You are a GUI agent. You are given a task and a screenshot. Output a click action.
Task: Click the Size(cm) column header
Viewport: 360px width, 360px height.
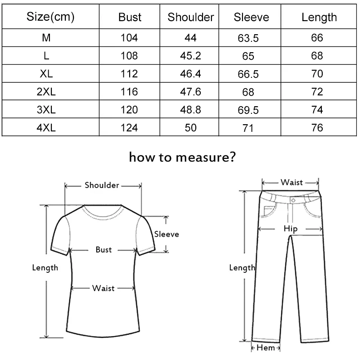pyautogui.click(x=50, y=17)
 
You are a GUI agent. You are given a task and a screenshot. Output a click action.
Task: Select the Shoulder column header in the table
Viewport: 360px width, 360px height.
pyautogui.click(x=190, y=17)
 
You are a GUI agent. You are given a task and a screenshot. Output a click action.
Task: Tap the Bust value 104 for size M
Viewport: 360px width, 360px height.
pyautogui.click(x=130, y=37)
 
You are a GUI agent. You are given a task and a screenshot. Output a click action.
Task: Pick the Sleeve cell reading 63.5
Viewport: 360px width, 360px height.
pyautogui.click(x=248, y=38)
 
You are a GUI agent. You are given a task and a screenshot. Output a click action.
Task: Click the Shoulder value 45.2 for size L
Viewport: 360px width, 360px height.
pyautogui.click(x=190, y=56)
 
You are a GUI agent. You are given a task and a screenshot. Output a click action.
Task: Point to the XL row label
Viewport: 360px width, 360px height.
pyautogui.click(x=46, y=74)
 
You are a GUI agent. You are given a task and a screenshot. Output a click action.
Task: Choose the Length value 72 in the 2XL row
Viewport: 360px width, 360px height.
pyautogui.click(x=317, y=92)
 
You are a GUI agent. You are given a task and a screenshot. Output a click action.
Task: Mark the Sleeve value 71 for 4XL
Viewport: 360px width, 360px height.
pyautogui.click(x=248, y=129)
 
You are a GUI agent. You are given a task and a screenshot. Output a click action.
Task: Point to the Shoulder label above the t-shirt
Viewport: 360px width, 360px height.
pyautogui.click(x=102, y=185)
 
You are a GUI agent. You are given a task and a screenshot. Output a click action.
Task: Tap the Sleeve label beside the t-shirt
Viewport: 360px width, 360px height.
pyautogui.click(x=166, y=234)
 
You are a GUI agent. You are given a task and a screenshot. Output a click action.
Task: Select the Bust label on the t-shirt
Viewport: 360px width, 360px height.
pyautogui.click(x=103, y=249)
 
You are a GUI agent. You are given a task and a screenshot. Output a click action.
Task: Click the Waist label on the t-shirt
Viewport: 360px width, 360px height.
pyautogui.click(x=103, y=288)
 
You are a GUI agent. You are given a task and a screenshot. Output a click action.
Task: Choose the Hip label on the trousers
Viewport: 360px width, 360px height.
pyautogui.click(x=291, y=229)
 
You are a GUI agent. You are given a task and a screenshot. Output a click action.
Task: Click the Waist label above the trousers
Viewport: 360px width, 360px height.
pyautogui.click(x=292, y=182)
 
